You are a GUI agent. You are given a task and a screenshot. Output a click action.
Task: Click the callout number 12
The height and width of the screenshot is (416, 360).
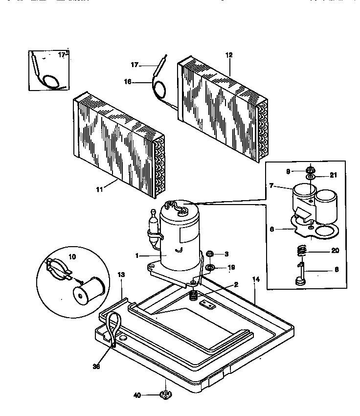coord(229,55)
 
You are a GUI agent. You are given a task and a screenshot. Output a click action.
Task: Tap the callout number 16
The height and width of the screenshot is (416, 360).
coord(128,82)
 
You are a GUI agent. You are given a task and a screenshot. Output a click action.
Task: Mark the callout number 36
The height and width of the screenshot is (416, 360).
coord(96,366)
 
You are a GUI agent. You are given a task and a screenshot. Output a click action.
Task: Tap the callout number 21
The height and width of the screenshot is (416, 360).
coord(334,175)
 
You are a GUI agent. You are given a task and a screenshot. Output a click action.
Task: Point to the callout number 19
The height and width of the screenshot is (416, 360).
coord(232,267)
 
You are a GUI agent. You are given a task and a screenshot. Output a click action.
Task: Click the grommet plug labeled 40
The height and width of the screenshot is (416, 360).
coord(166,394)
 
